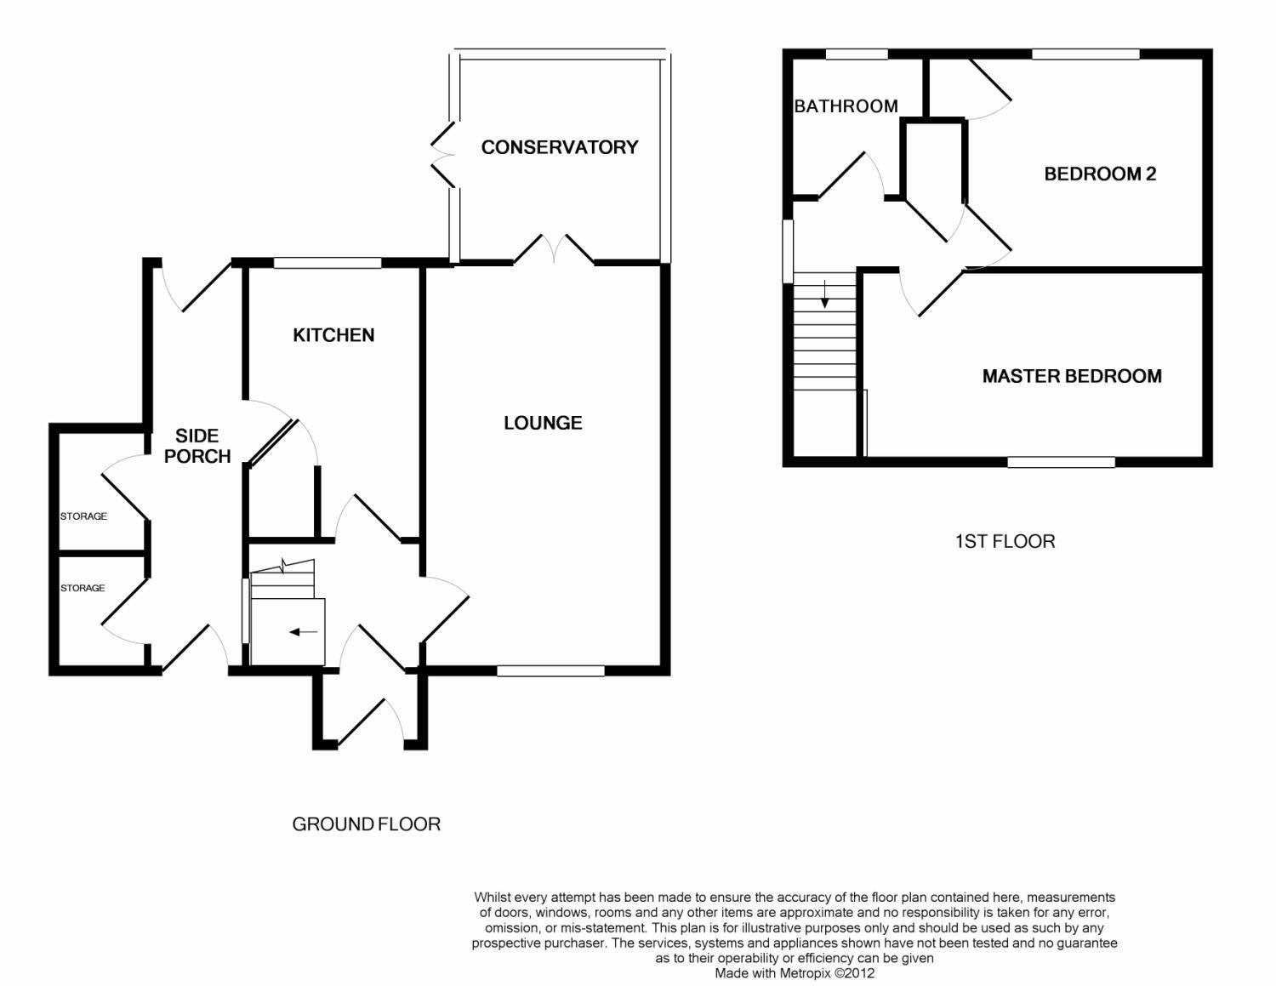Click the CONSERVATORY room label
pos(559,147)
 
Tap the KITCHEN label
pos(333,335)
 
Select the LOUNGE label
pos(543,423)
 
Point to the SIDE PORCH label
pos(197,446)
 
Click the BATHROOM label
pos(846,106)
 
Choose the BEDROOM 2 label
pos(1100,174)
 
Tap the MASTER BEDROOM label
pos(1072,376)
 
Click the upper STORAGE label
pos(83,516)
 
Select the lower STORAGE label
pos(83,588)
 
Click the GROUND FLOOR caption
pos(366,824)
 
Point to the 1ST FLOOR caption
pos(1005,541)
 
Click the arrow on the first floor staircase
pos(824,295)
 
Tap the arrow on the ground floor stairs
pos(304,632)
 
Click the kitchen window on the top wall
pos(328,263)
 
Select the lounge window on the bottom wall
pos(550,670)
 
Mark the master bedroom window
pos(1061,462)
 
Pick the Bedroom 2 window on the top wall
pos(1085,54)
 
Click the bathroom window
pos(857,54)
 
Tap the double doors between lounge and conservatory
pos(554,248)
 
